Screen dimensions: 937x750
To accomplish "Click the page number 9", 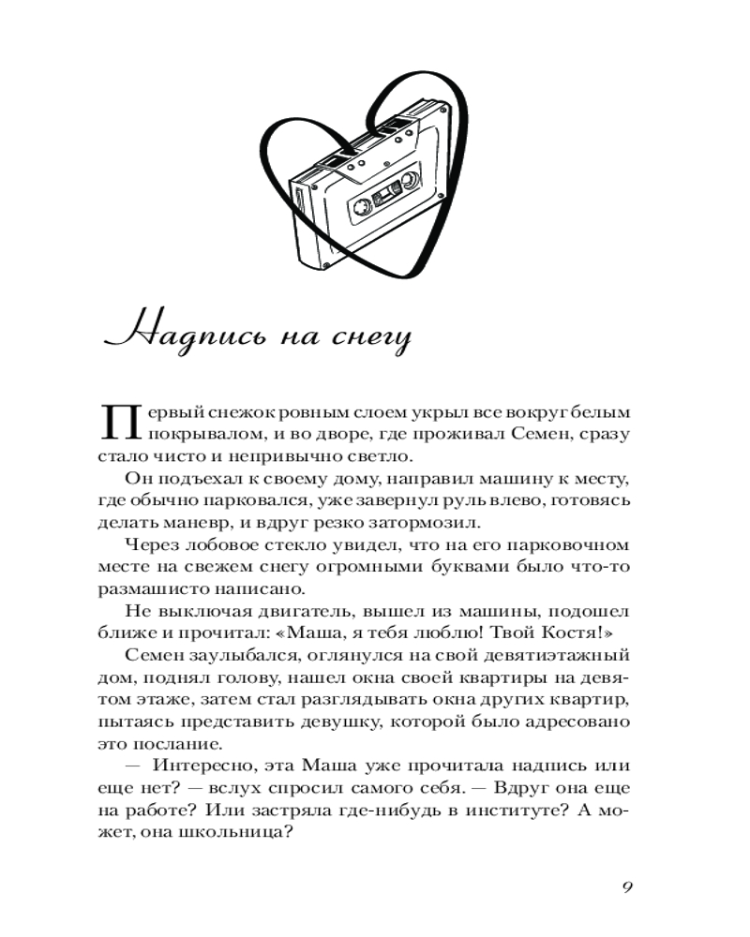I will pyautogui.click(x=629, y=888).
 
